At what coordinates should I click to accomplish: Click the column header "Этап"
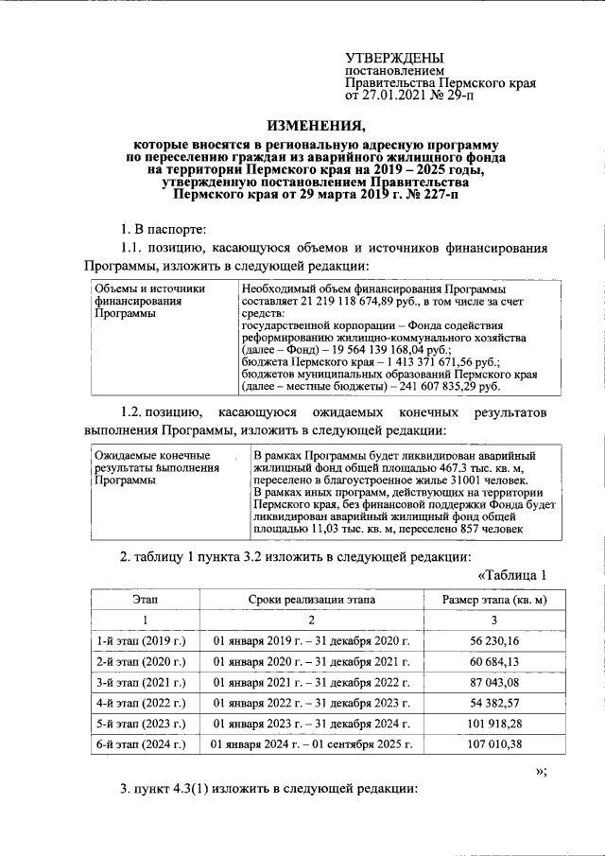tap(147, 600)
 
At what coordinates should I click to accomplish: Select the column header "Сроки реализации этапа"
tap(312, 600)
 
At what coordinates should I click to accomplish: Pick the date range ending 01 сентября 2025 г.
tap(312, 744)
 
